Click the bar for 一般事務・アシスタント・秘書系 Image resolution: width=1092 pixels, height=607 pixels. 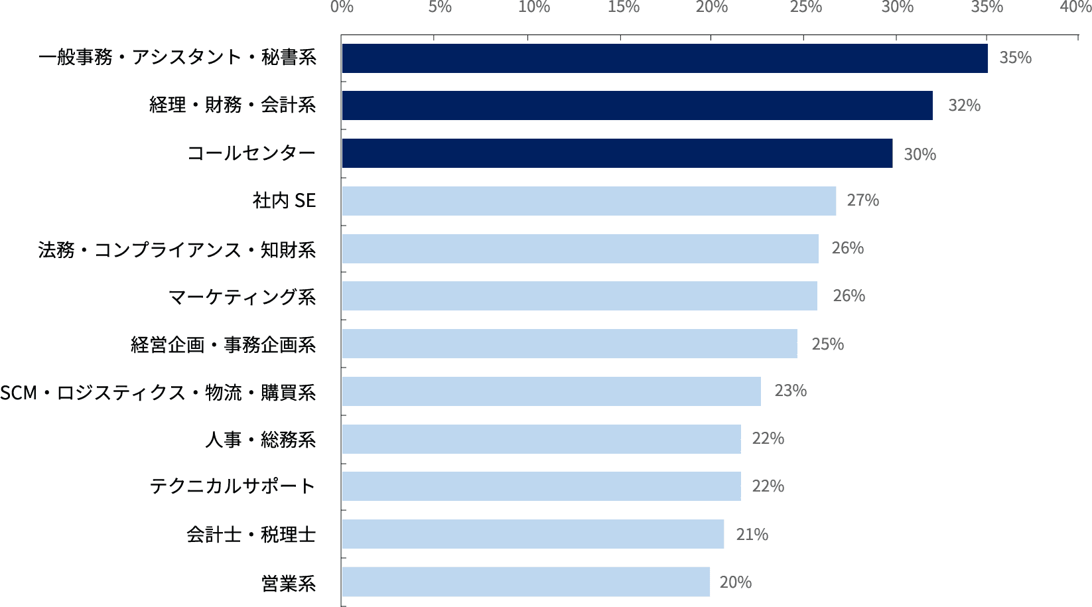coord(664,58)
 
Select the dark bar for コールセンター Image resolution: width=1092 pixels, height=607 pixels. coord(617,153)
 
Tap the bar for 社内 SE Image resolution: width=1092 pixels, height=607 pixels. coord(588,201)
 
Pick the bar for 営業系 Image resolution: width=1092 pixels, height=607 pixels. coord(525,582)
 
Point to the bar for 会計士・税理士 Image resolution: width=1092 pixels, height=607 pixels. coord(533,534)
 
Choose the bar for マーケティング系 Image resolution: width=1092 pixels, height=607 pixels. coord(579,296)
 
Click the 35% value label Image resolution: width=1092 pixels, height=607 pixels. coord(1015,58)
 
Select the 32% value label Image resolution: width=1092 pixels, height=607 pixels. coord(964,105)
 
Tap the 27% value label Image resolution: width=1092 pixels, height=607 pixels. coord(862,200)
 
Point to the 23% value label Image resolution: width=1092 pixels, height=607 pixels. coord(790,391)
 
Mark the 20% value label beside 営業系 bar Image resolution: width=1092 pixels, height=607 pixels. coord(735,582)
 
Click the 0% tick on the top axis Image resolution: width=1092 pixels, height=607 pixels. coord(342,7)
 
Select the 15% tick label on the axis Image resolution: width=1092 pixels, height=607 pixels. coord(624,7)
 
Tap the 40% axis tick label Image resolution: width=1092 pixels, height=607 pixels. coord(1075,7)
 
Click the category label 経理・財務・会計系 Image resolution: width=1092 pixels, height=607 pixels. coord(232,105)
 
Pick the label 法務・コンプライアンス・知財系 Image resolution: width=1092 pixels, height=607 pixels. coord(177,249)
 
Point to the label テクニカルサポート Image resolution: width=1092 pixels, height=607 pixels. coord(232,486)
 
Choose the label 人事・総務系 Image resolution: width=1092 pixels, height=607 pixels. coord(260,439)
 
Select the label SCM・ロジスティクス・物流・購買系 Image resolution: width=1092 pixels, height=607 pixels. coord(158,393)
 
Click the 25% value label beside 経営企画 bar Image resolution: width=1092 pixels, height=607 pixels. coord(827,344)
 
